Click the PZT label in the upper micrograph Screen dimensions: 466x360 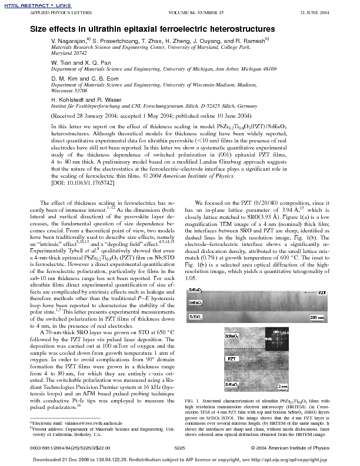point(322,275)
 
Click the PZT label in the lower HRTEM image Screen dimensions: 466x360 point(233,358)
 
